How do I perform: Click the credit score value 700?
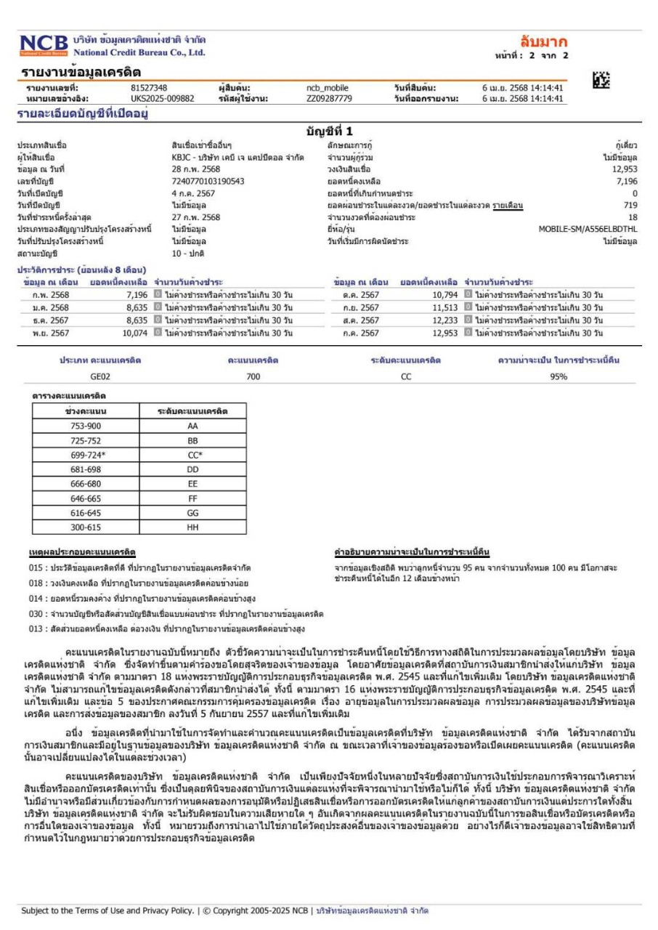[253, 377]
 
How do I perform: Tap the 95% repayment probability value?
[559, 377]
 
